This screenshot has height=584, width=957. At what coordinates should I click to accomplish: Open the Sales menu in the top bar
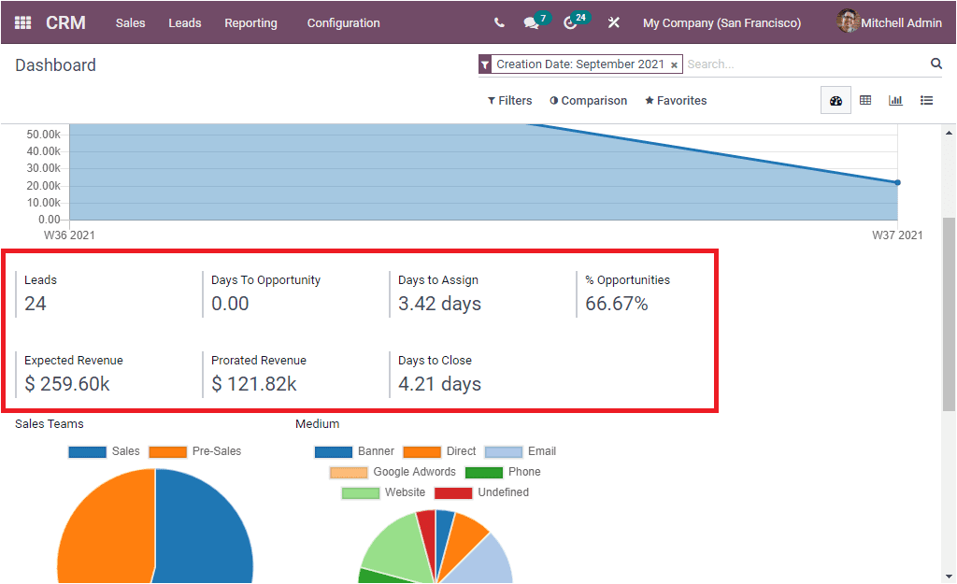(x=130, y=22)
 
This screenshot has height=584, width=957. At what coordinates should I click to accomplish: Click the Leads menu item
(x=184, y=22)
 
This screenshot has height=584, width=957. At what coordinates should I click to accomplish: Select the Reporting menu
(x=250, y=22)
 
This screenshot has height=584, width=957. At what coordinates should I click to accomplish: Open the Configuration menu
(x=343, y=22)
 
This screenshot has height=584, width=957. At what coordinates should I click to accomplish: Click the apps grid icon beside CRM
(x=23, y=22)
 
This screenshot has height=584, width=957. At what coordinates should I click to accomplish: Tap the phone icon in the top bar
(x=499, y=22)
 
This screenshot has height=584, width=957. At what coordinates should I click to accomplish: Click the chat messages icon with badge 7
(x=532, y=22)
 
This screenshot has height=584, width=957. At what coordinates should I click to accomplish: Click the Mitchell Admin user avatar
(x=848, y=21)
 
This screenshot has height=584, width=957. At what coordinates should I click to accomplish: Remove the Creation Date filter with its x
(x=674, y=65)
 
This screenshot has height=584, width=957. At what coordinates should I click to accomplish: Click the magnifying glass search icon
(x=936, y=64)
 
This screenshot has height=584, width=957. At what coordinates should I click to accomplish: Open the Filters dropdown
(x=509, y=101)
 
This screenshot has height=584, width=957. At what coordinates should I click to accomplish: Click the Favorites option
(x=676, y=101)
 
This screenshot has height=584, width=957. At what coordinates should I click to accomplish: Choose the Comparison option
(x=588, y=101)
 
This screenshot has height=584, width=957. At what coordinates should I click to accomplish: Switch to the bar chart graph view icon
(x=895, y=101)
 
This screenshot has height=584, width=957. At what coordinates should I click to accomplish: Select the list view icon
(x=926, y=101)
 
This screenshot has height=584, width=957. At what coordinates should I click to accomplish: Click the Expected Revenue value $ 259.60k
(x=67, y=384)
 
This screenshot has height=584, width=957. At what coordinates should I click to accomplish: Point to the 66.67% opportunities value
(x=616, y=304)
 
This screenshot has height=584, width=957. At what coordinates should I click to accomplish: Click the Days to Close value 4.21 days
(x=439, y=384)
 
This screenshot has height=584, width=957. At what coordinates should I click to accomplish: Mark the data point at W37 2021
(x=897, y=182)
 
